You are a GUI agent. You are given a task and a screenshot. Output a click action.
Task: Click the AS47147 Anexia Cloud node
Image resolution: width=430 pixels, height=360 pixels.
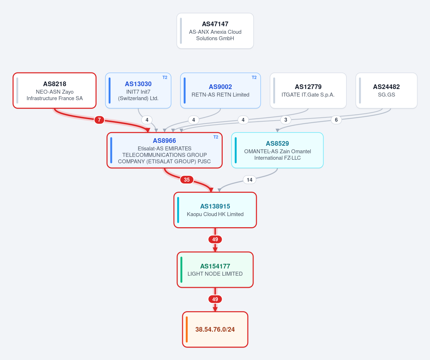click(215, 31)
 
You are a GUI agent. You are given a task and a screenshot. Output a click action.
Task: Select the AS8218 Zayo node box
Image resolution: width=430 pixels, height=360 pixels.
click(55, 90)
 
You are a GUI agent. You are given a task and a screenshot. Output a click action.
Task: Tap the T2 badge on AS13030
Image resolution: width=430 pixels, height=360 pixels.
click(165, 78)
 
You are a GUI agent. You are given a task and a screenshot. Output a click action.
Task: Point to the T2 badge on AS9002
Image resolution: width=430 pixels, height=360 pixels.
click(254, 78)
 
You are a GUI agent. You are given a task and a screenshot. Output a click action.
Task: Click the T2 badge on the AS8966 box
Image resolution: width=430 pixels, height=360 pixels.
click(216, 137)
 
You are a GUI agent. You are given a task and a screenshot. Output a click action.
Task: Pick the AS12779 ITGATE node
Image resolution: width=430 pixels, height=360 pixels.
click(308, 90)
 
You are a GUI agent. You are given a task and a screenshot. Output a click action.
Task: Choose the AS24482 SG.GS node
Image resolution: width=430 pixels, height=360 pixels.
click(386, 90)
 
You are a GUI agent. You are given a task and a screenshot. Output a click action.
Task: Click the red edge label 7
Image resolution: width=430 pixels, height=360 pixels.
click(99, 120)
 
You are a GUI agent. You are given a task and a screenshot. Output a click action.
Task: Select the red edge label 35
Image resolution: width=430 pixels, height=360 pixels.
click(187, 180)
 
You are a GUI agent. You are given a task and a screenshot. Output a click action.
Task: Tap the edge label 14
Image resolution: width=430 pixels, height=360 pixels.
click(250, 180)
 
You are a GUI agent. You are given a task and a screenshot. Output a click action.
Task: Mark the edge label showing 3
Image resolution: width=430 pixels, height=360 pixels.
click(286, 120)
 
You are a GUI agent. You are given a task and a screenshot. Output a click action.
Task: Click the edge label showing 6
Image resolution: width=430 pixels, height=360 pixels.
click(336, 120)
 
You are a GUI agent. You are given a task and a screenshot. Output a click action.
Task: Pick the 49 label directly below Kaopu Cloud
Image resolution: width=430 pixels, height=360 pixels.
click(215, 239)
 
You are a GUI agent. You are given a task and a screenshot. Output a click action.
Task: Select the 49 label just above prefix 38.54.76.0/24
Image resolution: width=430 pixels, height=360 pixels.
click(215, 299)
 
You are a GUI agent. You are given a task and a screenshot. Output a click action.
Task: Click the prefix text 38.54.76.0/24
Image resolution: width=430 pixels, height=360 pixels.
click(215, 329)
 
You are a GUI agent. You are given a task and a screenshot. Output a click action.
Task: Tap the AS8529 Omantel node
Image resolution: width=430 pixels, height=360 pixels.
click(278, 150)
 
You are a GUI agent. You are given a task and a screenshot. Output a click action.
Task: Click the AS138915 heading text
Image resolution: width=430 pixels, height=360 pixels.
click(215, 206)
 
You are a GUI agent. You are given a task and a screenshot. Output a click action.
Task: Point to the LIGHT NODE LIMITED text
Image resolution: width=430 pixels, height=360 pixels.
click(215, 274)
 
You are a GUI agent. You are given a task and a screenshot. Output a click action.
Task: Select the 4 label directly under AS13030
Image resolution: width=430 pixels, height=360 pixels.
click(147, 120)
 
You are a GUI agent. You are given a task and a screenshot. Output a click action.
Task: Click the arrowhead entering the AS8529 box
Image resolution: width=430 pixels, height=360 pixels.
click(278, 130)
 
